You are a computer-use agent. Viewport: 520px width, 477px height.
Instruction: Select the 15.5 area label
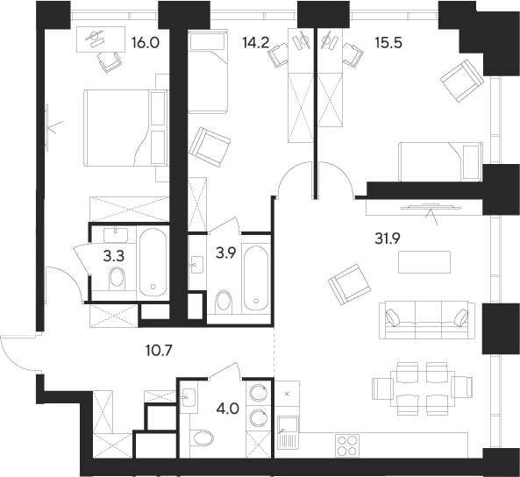pyautogui.click(x=386, y=39)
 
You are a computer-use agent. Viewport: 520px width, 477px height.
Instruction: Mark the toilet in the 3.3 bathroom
pyautogui.click(x=115, y=280)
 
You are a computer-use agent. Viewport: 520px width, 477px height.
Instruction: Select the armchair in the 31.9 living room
pyautogui.click(x=343, y=286)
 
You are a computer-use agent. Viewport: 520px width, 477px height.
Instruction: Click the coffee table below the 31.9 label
pyautogui.click(x=424, y=261)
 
